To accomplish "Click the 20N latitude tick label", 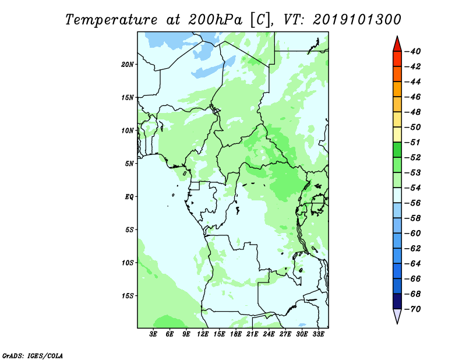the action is pyautogui.click(x=128, y=65).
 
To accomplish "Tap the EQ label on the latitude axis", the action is pyautogui.click(x=129, y=197).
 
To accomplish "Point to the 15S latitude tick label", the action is pyautogui.click(x=128, y=296).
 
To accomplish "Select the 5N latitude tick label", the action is pyautogui.click(x=129, y=164).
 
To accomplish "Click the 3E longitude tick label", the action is pyautogui.click(x=153, y=334).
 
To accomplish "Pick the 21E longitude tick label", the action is pyautogui.click(x=252, y=334).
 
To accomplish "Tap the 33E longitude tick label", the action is pyautogui.click(x=318, y=334).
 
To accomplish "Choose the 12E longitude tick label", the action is pyautogui.click(x=203, y=334).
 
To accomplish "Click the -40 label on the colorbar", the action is pyautogui.click(x=412, y=51).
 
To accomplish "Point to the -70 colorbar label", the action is pyautogui.click(x=412, y=309).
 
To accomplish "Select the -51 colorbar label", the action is pyautogui.click(x=412, y=142).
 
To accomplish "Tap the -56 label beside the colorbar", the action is pyautogui.click(x=412, y=203).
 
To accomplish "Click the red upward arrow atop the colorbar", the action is pyautogui.click(x=397, y=45).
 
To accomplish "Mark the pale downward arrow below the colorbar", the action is pyautogui.click(x=397, y=316).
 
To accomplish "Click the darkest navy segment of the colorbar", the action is pyautogui.click(x=397, y=301).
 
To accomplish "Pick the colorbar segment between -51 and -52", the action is pyautogui.click(x=397, y=150).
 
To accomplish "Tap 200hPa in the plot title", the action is pyautogui.click(x=215, y=20).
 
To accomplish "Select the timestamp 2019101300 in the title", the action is pyautogui.click(x=357, y=20).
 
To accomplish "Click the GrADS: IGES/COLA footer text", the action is pyautogui.click(x=33, y=356).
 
